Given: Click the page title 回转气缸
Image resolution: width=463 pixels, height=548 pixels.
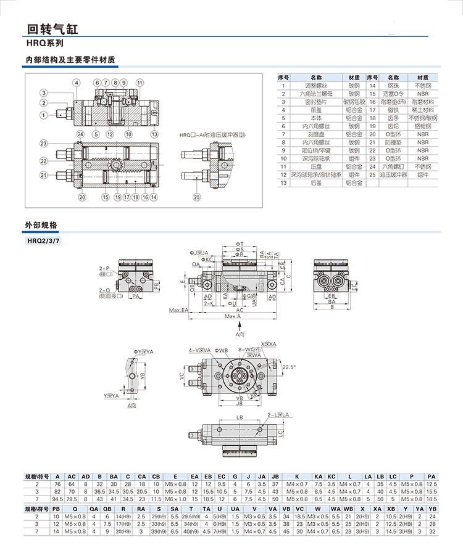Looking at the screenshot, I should coord(52,28).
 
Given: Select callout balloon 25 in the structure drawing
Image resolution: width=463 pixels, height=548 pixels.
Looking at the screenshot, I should coord(197,197).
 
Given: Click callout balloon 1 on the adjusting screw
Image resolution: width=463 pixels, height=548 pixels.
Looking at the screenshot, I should coord(44,115).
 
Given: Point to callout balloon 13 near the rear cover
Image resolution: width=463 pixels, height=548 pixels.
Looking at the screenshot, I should coord(154,134).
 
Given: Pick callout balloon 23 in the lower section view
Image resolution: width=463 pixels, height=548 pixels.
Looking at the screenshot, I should coord(44,144).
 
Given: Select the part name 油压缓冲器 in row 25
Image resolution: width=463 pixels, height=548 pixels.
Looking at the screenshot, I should coord(393,174).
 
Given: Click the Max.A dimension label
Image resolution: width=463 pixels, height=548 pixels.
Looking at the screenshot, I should coord(233,316).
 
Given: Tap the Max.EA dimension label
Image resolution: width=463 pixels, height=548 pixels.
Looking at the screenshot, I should coord(177,309).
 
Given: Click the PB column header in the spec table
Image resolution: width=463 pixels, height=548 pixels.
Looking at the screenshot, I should coord(57,509).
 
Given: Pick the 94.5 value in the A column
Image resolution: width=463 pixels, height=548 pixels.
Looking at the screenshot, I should coord(58,498).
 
